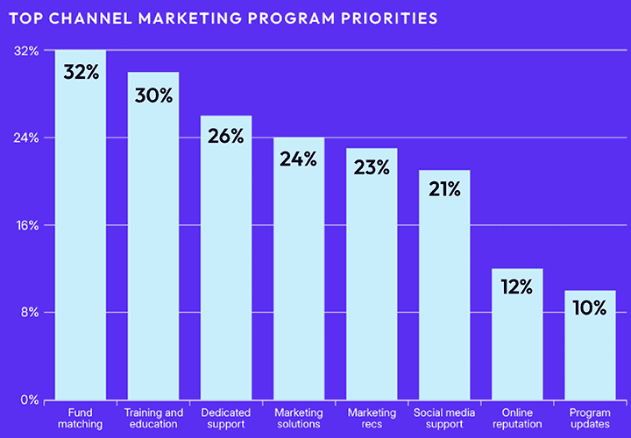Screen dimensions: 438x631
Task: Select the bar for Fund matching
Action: pyautogui.click(x=81, y=237)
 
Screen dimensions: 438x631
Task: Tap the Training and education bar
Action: pyautogui.click(x=153, y=245)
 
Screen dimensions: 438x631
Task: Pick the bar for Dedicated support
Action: pyautogui.click(x=226, y=263)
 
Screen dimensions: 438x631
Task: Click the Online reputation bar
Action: pyautogui.click(x=517, y=342)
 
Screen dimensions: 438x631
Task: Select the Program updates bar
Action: pyautogui.click(x=590, y=350)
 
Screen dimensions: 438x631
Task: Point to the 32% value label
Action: pyautogui.click(x=81, y=72)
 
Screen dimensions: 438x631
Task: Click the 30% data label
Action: pyautogui.click(x=153, y=94)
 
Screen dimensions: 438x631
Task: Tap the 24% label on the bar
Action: pyautogui.click(x=299, y=159)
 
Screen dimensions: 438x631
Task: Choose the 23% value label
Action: pyautogui.click(x=372, y=167)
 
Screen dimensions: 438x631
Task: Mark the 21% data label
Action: pyautogui.click(x=444, y=189)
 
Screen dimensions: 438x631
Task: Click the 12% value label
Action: pyautogui.click(x=517, y=287)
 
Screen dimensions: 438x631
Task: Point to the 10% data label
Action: pyautogui.click(x=590, y=308)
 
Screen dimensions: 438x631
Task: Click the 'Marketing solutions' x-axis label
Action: pyautogui.click(x=299, y=419)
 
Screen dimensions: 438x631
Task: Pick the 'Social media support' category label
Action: pyautogui.click(x=444, y=419)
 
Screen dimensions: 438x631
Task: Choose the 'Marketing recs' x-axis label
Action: pyautogui.click(x=372, y=419)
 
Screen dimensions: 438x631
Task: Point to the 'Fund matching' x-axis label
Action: pyautogui.click(x=81, y=419)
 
